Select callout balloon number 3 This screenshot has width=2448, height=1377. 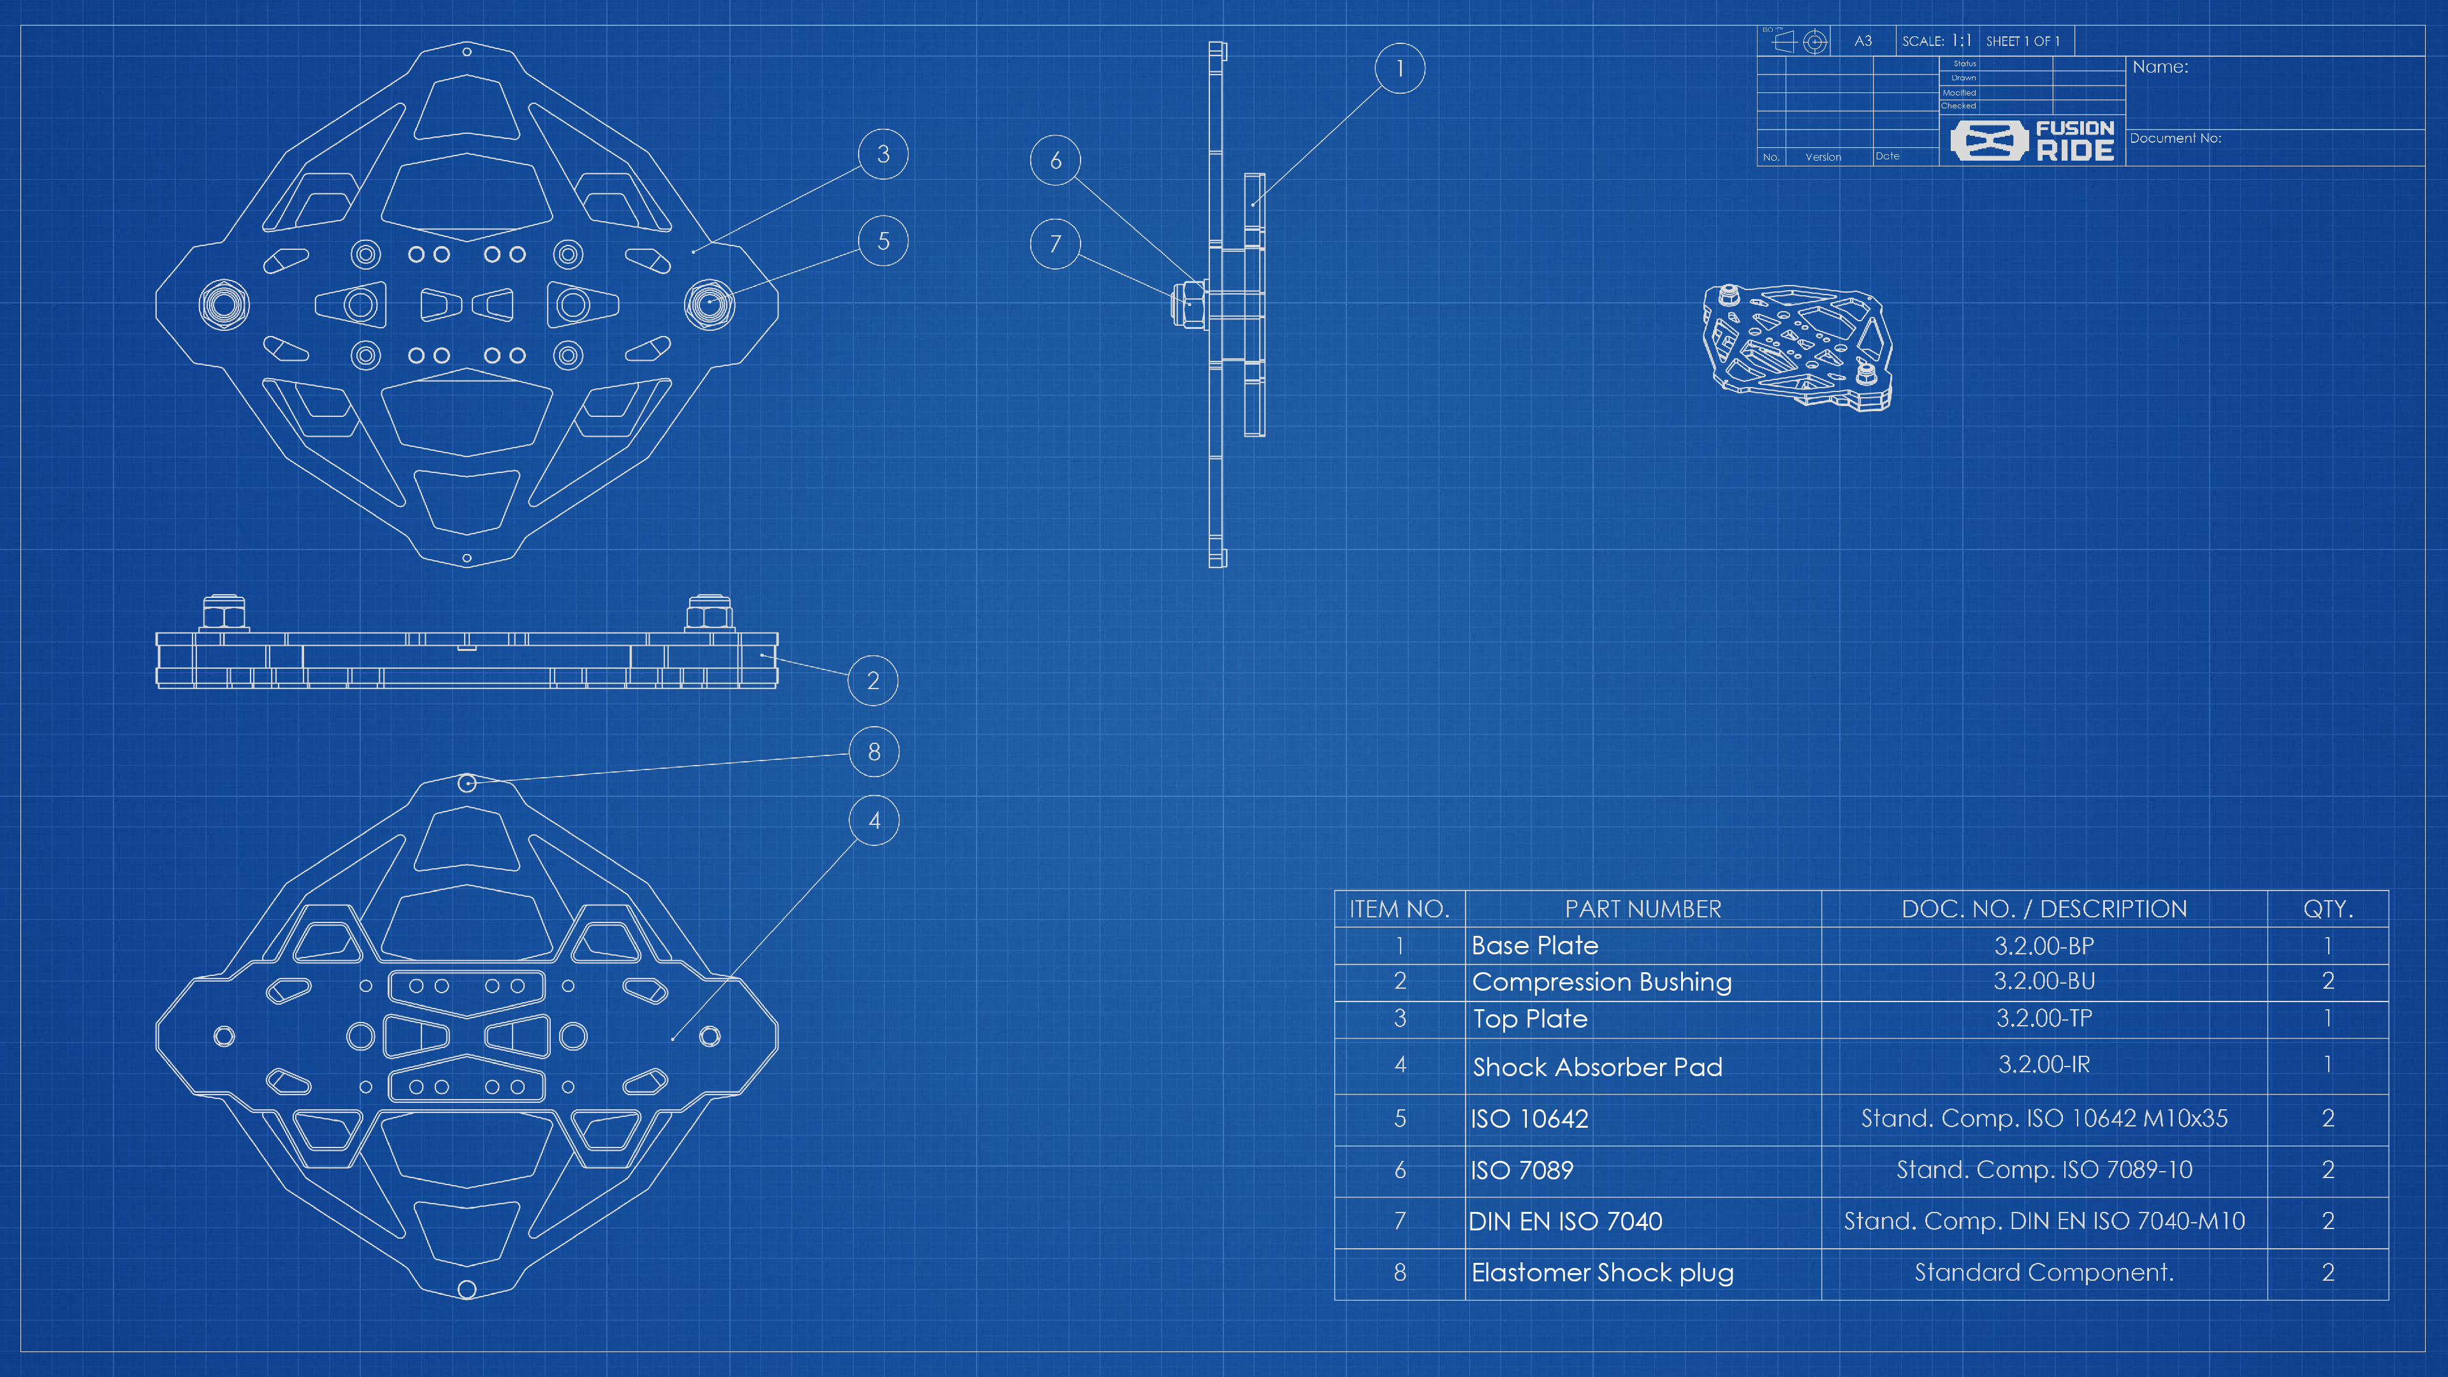[883, 154]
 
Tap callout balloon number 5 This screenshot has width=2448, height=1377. [883, 242]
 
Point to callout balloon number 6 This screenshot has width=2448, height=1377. [1055, 161]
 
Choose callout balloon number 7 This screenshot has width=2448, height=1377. [1055, 244]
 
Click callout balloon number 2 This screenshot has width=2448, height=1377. [872, 680]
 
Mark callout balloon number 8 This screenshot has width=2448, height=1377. [873, 752]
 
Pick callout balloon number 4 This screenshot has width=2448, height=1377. [873, 820]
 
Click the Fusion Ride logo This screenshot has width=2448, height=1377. [2032, 141]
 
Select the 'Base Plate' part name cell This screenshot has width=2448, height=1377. [1534, 945]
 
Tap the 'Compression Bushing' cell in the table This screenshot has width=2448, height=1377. [1601, 982]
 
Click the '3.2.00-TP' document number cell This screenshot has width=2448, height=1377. [2043, 1019]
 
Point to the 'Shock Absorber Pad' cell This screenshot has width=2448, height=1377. [1596, 1067]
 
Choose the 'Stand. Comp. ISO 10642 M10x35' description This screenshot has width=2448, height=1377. [2043, 1119]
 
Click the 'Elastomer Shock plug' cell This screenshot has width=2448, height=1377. [1602, 1272]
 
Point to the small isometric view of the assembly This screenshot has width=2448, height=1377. [1796, 347]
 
